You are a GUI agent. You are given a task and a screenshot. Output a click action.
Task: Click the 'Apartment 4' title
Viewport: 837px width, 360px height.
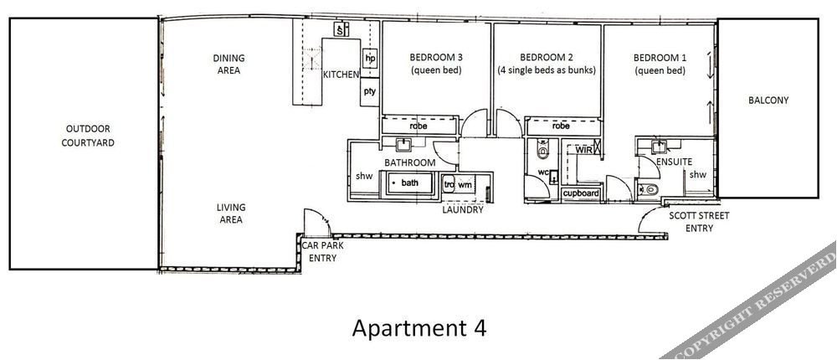pos(419,327)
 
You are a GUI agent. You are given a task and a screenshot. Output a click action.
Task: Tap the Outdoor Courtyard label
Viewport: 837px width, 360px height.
pos(88,136)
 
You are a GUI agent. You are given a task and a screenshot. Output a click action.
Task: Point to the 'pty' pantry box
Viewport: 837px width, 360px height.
pos(369,91)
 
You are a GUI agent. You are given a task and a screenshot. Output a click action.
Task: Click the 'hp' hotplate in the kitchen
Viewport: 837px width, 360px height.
pos(370,58)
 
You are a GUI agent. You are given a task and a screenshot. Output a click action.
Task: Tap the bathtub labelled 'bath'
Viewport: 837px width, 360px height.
pos(409,183)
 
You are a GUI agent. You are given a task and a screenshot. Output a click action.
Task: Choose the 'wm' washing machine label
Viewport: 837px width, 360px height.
pos(465,184)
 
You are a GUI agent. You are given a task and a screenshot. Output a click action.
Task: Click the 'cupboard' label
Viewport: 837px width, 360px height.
pos(581,193)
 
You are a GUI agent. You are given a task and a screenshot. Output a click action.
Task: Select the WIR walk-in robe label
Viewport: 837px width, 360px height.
pos(584,150)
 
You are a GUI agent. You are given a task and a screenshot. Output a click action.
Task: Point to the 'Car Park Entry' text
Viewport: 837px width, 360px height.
pos(323,251)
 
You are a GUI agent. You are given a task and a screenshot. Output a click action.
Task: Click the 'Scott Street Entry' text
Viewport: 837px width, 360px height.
pos(699,222)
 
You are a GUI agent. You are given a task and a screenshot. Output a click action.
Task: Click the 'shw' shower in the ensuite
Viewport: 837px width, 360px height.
pos(698,175)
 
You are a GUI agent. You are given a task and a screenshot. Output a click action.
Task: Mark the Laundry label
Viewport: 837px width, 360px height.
pos(463,210)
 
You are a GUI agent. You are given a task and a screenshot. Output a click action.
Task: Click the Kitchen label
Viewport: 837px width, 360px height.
pos(341,75)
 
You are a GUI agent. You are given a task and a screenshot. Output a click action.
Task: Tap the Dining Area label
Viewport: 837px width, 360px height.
pos(229,64)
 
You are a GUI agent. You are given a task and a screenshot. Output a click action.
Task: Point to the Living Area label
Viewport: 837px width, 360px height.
pos(231,213)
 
